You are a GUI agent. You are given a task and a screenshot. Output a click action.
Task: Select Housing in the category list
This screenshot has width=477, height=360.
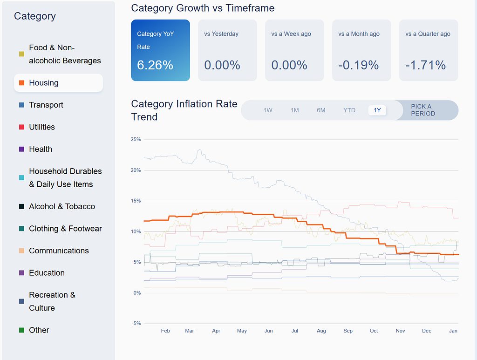tap(44, 83)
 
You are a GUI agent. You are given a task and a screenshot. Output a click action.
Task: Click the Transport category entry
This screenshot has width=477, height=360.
tap(46, 105)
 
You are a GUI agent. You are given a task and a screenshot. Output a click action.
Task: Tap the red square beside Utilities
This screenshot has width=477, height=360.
tap(21, 127)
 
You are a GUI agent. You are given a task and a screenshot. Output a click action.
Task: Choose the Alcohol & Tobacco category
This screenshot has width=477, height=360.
tap(62, 206)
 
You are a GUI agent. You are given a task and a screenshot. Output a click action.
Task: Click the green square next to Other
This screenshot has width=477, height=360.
tap(21, 330)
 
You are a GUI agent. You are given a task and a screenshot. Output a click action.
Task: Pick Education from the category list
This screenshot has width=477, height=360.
tap(47, 273)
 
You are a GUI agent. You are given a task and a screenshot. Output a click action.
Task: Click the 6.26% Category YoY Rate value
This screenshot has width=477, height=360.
tap(155, 65)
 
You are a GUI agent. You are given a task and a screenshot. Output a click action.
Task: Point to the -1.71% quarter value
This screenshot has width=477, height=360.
tap(425, 65)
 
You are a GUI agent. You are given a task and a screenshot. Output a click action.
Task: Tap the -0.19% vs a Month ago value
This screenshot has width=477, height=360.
tap(358, 65)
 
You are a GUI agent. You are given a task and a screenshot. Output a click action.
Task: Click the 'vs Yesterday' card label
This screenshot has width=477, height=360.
tap(221, 34)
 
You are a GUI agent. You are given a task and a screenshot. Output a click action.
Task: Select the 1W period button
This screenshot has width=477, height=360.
tap(268, 110)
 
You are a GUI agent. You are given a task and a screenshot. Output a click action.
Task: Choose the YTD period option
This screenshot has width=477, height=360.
tap(349, 110)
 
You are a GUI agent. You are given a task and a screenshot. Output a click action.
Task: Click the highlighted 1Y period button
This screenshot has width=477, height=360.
tap(377, 110)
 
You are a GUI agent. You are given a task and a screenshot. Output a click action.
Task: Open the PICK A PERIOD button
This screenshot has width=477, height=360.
tap(423, 110)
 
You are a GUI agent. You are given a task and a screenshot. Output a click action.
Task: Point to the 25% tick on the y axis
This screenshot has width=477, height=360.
tap(136, 140)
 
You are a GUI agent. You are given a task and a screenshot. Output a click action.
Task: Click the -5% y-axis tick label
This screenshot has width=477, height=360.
tap(136, 324)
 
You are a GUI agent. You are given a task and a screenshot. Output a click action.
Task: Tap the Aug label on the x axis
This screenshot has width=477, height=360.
tap(321, 331)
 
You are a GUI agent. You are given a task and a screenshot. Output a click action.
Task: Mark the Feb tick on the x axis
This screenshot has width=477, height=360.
tap(165, 331)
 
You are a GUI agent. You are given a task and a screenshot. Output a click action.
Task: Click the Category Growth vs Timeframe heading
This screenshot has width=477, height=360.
tap(203, 8)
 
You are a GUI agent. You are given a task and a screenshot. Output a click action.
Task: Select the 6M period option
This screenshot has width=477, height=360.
tap(321, 110)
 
